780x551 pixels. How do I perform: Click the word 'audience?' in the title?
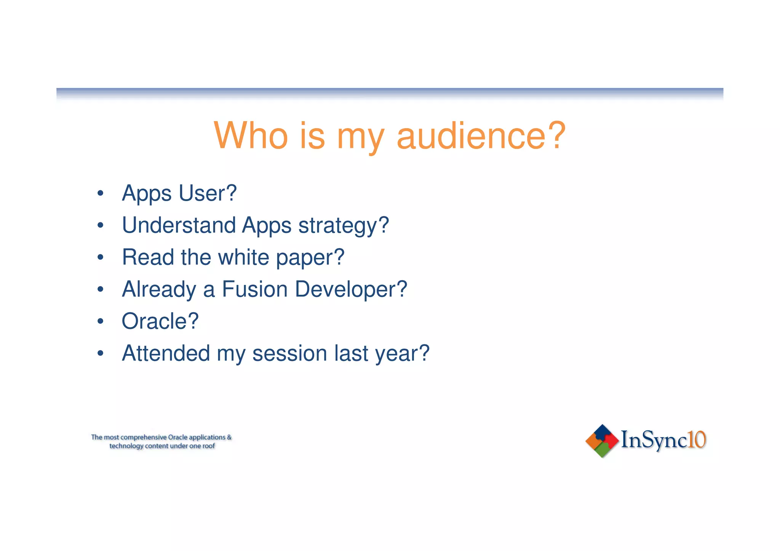point(481,136)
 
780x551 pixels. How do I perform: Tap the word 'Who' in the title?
point(251,136)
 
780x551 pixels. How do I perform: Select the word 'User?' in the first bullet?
point(208,193)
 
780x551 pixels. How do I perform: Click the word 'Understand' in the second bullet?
point(179,225)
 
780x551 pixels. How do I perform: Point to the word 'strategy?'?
point(344,226)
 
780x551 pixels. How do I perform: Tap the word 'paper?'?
point(310,258)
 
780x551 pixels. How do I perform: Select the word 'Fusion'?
point(255,289)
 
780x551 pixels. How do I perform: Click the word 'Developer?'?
point(351,290)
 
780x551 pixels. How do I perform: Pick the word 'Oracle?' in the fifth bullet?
point(160,321)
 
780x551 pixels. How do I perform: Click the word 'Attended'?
point(166,353)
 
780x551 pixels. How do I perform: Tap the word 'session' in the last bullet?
point(290,353)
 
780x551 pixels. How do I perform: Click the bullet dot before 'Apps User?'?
point(100,193)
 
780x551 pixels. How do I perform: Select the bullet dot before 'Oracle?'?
point(100,321)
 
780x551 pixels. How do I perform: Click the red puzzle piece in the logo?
point(611,441)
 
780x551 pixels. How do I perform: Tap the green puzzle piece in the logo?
point(602,450)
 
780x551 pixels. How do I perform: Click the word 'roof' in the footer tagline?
point(209,446)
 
